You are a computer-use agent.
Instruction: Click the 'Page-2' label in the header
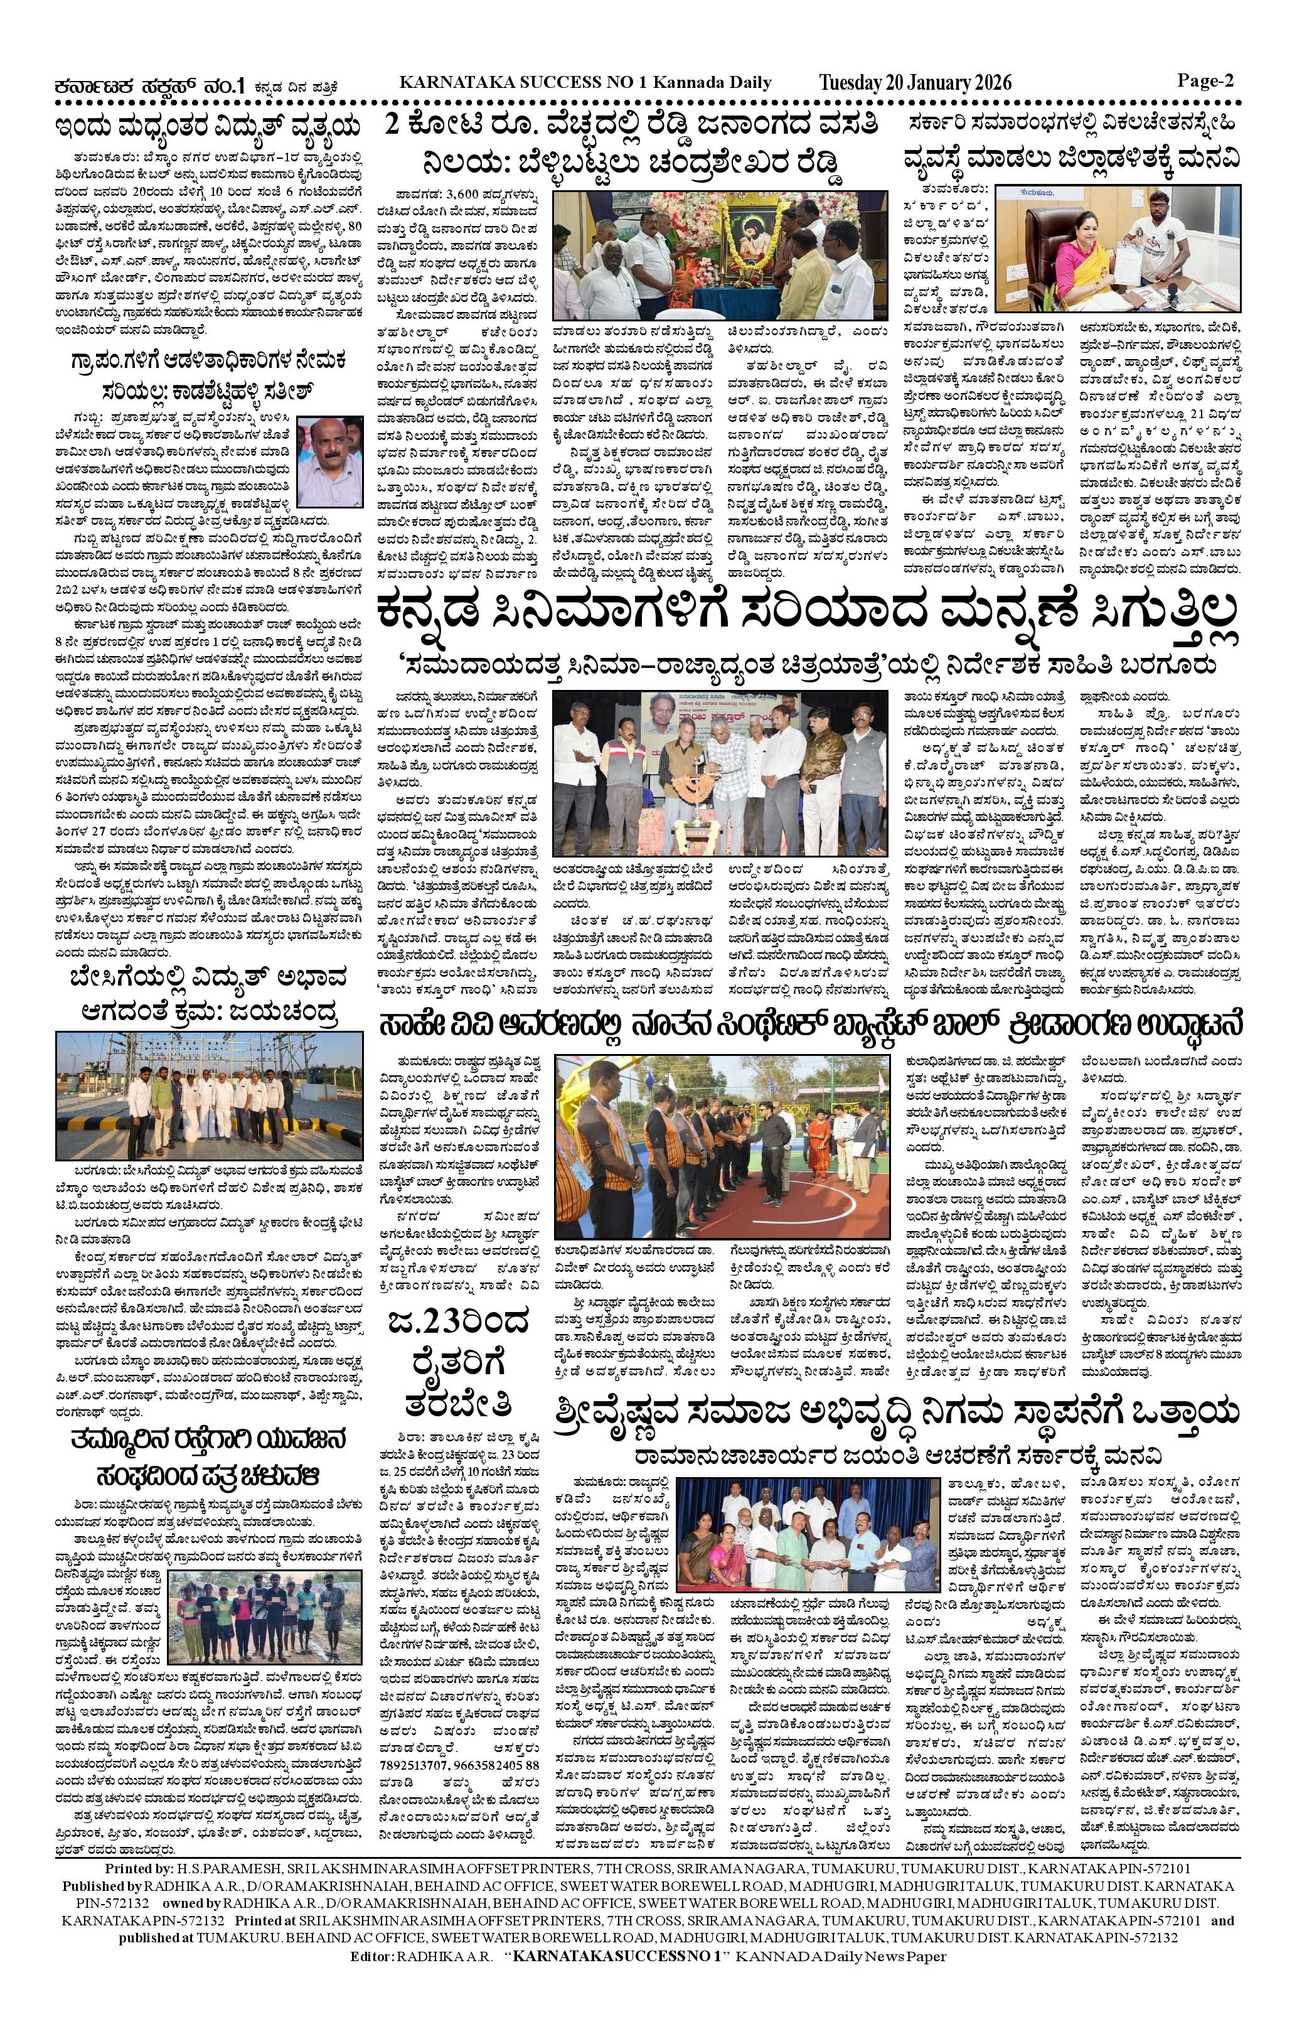[1205, 81]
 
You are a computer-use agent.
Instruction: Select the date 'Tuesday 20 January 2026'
[914, 83]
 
